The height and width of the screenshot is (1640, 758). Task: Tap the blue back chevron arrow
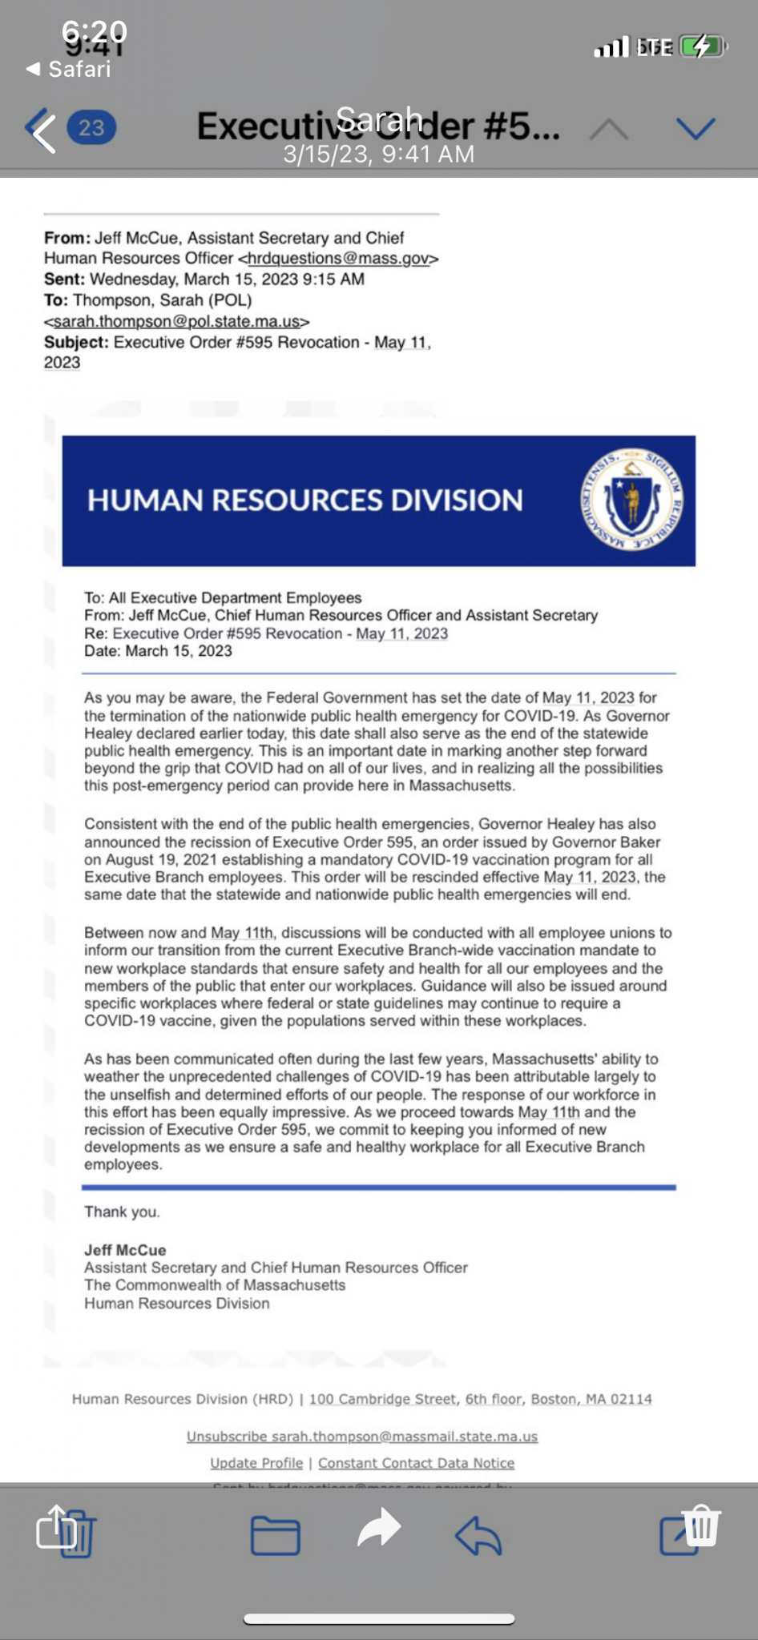click(x=42, y=130)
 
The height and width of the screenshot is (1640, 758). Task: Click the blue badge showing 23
click(x=91, y=128)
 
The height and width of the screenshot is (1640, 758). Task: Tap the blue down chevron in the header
click(x=695, y=128)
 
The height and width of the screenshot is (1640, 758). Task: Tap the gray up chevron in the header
click(x=609, y=128)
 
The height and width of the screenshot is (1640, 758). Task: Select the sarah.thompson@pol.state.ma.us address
click(x=177, y=321)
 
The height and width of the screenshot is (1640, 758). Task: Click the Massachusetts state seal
click(x=631, y=500)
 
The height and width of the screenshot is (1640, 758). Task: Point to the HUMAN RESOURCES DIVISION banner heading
click(x=304, y=500)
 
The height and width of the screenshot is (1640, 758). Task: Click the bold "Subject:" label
click(x=77, y=342)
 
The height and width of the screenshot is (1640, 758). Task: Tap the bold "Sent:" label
click(x=64, y=279)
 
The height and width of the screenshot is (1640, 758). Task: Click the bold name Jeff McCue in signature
click(x=125, y=1250)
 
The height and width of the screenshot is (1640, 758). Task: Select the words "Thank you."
click(x=122, y=1212)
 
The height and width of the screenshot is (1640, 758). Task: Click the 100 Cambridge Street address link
click(x=480, y=1399)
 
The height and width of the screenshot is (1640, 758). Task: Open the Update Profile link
click(x=256, y=1463)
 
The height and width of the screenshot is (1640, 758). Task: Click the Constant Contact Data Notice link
click(x=416, y=1463)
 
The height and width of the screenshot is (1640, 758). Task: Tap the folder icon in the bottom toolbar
click(x=275, y=1535)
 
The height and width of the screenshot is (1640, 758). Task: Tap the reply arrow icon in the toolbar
click(x=478, y=1535)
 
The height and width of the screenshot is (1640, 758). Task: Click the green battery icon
click(x=702, y=47)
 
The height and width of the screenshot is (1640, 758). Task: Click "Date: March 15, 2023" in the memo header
click(x=158, y=651)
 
